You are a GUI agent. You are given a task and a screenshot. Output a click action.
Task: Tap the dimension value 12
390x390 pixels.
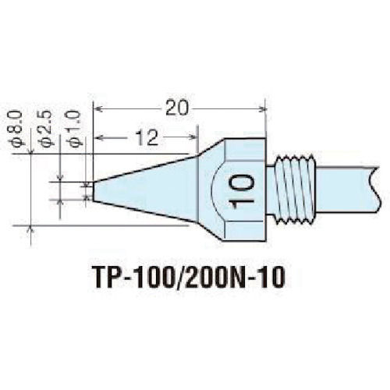(x=145, y=139)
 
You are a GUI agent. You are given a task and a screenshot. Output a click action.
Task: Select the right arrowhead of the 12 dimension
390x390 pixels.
(x=191, y=140)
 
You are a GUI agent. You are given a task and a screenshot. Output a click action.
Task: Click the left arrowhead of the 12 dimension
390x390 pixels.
(x=99, y=140)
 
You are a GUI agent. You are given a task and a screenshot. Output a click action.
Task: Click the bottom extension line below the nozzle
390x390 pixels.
(x=117, y=225)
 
